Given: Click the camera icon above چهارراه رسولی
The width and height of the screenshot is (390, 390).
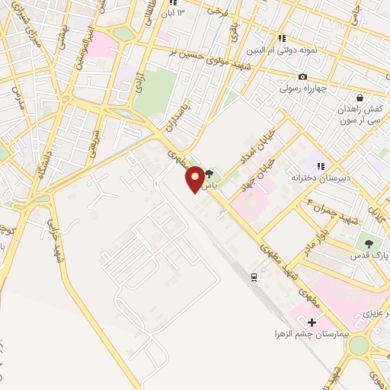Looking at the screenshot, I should (x=304, y=77).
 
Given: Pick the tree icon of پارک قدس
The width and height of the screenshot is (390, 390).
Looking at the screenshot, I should (x=369, y=244).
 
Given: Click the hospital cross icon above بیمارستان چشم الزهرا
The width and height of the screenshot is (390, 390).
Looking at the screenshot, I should (x=312, y=322).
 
